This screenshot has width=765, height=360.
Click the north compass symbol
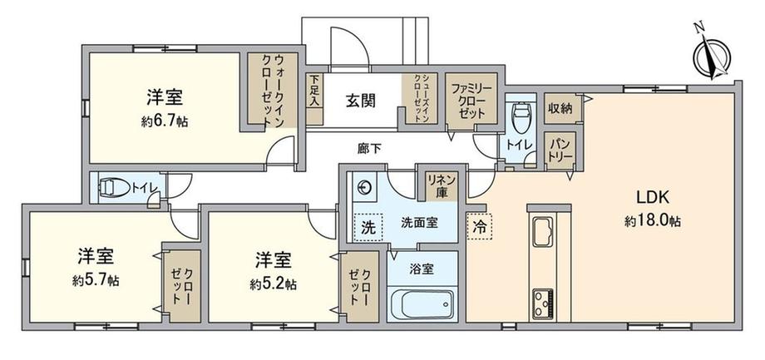(712, 54)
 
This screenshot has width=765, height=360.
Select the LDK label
(652, 199)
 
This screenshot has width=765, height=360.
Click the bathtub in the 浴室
(422, 304)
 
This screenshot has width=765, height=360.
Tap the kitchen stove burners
(542, 303)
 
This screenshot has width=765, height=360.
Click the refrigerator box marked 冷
(480, 227)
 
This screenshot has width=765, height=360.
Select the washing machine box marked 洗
(368, 227)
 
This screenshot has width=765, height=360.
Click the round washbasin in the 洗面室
(364, 186)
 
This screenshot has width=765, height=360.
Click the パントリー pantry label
(558, 150)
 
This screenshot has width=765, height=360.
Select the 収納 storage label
(560, 108)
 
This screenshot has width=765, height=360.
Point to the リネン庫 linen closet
(442, 184)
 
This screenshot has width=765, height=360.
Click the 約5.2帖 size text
(274, 284)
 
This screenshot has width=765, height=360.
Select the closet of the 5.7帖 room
(181, 286)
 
